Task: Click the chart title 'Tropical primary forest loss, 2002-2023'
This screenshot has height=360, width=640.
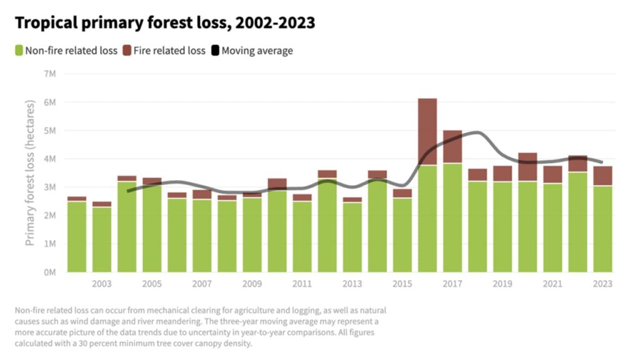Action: [x=165, y=24]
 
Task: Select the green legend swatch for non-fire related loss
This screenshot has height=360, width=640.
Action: [x=19, y=51]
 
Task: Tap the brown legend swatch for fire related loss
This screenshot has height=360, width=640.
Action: [x=127, y=51]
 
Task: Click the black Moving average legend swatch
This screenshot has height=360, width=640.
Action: [x=215, y=51]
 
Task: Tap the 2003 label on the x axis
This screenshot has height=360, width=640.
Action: [x=102, y=284]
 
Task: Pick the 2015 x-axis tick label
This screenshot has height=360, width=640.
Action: [x=402, y=284]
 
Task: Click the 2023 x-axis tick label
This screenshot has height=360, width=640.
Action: [x=602, y=284]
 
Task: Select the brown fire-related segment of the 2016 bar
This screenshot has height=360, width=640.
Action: [x=427, y=131]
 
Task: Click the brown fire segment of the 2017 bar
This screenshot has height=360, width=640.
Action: [x=452, y=146]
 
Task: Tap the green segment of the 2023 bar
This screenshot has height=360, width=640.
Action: [x=602, y=229]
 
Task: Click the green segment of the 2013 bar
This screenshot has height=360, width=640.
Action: [x=352, y=237]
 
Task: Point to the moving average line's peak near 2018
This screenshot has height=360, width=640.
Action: [x=476, y=132]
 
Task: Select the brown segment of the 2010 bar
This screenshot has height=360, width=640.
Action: [x=277, y=184]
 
